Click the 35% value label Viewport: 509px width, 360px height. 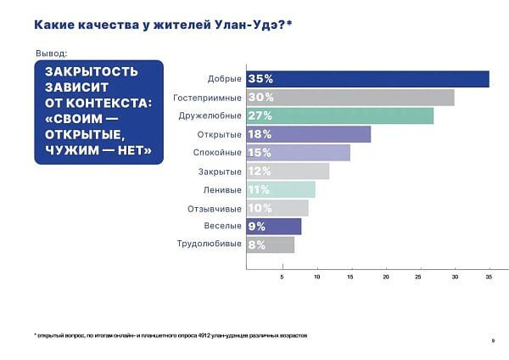tap(260, 79)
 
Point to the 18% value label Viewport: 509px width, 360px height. tap(260, 134)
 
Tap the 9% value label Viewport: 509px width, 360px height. tap(256, 227)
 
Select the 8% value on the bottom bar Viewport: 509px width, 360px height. tap(256, 245)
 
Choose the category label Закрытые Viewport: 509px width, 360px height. tap(220, 172)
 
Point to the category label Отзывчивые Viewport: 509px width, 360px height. tap(215, 208)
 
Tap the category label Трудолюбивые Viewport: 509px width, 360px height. tap(210, 245)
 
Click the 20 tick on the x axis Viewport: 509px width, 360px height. tap(386, 277)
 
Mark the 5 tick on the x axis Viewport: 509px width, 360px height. tap(282, 277)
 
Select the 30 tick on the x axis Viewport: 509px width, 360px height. tap(456, 277)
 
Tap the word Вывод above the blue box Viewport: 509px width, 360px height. tap(51, 53)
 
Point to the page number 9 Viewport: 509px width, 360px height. tap(493, 341)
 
